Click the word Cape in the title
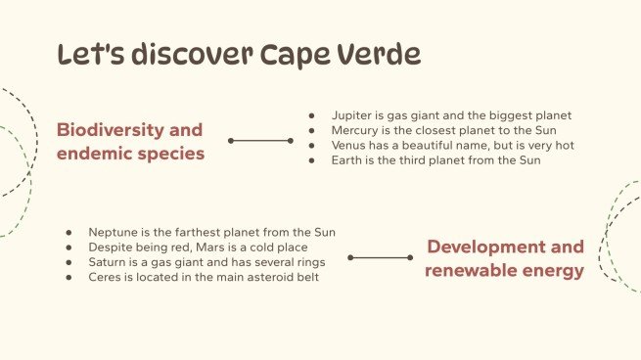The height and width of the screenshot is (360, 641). tap(301, 54)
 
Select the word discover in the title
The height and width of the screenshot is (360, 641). tap(190, 54)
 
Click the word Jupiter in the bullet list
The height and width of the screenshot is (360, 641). tap(352, 115)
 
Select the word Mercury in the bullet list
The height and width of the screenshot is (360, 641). tap(356, 130)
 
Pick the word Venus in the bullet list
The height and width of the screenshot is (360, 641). tap(350, 145)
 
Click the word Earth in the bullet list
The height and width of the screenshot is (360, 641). tap(349, 160)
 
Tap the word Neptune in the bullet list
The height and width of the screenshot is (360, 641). tap(114, 232)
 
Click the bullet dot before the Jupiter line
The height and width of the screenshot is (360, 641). tap(311, 115)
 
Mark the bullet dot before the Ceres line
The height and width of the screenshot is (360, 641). tap(69, 277)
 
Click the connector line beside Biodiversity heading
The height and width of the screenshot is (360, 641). tap(261, 141)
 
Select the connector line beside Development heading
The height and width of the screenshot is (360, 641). tap(381, 258)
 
